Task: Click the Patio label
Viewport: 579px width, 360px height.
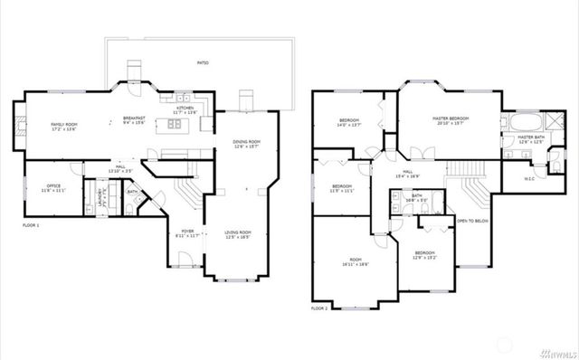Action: click(x=202, y=62)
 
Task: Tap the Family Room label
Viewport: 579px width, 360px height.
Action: click(x=63, y=125)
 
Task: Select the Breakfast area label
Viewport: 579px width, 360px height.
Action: click(x=136, y=118)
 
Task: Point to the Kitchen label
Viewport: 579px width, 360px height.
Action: click(x=185, y=109)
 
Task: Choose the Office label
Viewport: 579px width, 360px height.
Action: click(x=53, y=187)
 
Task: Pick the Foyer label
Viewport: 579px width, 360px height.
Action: click(x=187, y=233)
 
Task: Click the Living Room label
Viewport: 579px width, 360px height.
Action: click(x=238, y=233)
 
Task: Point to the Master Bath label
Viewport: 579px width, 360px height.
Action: click(x=531, y=138)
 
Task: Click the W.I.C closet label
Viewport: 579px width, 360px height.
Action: click(x=529, y=178)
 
